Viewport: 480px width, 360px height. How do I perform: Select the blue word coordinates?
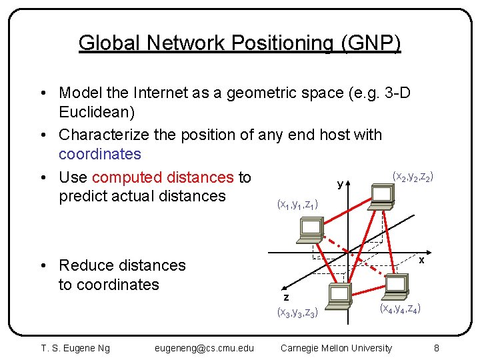click(100, 154)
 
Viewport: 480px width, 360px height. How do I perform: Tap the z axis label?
click(286, 297)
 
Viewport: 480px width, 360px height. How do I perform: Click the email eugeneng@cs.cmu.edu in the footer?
click(204, 347)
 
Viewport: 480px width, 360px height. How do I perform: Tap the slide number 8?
click(436, 347)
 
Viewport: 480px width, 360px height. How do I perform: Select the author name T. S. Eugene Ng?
click(75, 347)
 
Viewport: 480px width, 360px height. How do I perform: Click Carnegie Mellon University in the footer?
click(336, 347)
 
